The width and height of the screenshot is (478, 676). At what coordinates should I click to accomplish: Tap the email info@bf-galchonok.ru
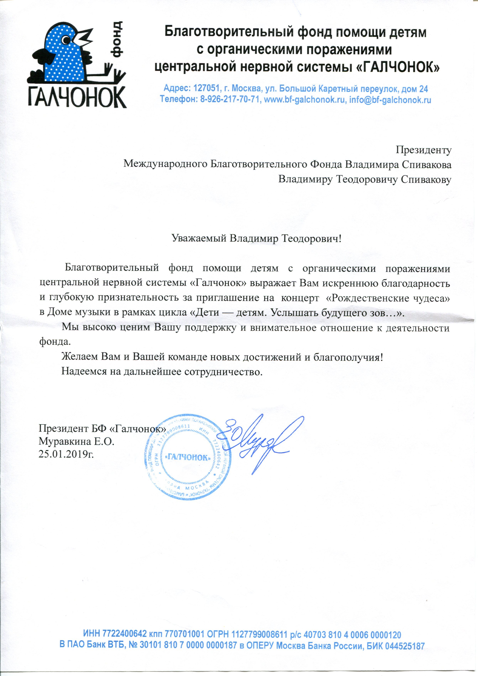(x=390, y=100)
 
